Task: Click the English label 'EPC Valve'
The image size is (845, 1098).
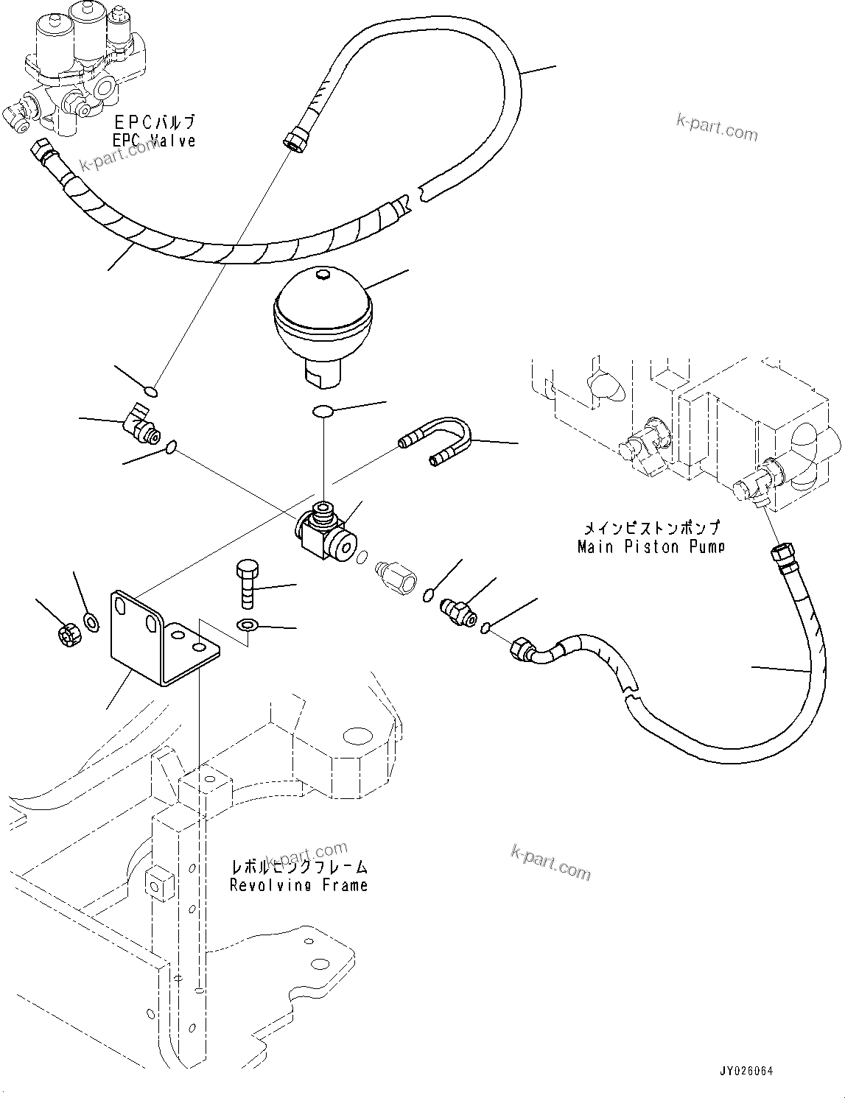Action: click(x=154, y=141)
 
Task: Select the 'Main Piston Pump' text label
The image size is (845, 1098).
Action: click(x=651, y=546)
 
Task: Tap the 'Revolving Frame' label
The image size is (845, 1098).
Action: click(x=298, y=884)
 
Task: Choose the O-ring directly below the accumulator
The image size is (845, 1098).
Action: click(x=322, y=412)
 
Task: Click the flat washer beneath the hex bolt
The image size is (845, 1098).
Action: click(x=247, y=626)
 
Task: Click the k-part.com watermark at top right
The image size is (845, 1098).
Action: click(x=717, y=129)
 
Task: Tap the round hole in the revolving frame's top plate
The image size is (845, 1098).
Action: click(x=357, y=735)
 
